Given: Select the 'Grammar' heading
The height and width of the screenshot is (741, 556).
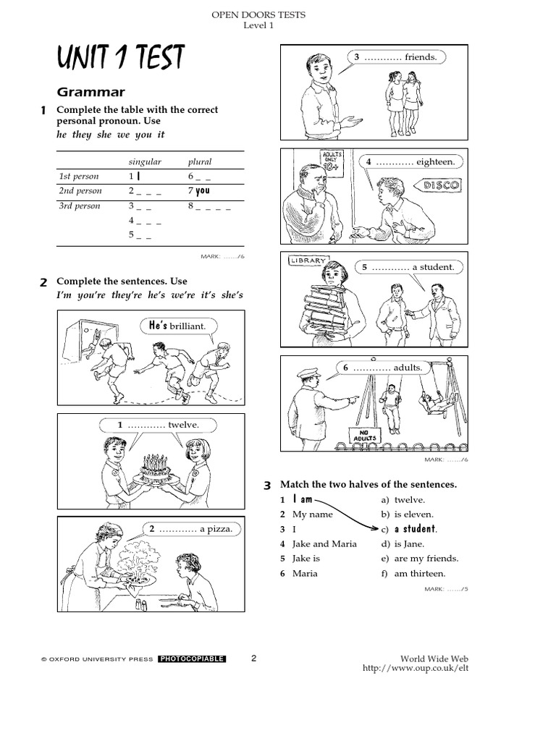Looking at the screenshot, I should pyautogui.click(x=90, y=92).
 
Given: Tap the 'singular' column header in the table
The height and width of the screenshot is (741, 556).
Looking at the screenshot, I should pyautogui.click(x=145, y=161).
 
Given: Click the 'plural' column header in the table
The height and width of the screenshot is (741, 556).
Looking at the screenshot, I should pyautogui.click(x=200, y=161).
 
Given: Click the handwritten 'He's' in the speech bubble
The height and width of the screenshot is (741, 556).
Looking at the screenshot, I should pyautogui.click(x=158, y=326).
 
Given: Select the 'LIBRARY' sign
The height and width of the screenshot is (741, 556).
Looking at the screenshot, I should pyautogui.click(x=308, y=261).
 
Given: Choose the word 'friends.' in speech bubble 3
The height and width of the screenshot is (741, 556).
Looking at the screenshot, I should pyautogui.click(x=421, y=57).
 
